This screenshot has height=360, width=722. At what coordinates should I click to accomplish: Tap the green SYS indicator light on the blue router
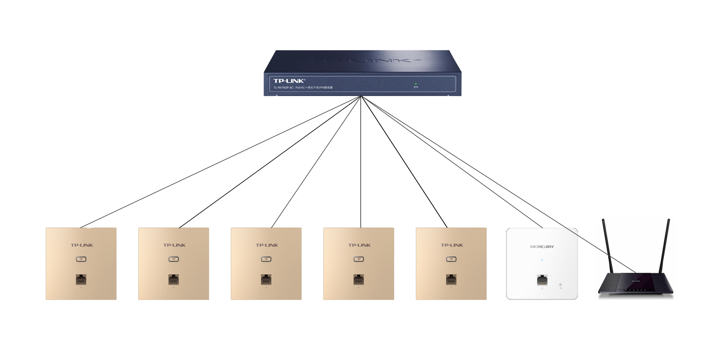(416, 83)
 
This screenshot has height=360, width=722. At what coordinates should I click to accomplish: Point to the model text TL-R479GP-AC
(283, 88)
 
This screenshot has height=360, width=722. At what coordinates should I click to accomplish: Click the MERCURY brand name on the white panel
(542, 247)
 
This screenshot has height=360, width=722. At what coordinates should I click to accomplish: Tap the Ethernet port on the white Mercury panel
(542, 280)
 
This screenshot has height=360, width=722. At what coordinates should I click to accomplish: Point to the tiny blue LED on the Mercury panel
(542, 260)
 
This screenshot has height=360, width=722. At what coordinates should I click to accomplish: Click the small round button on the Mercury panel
(560, 285)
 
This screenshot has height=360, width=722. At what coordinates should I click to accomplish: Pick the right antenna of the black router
(665, 247)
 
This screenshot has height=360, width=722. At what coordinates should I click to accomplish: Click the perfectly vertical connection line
(360, 163)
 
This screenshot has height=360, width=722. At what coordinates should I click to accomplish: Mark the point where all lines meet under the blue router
(360, 97)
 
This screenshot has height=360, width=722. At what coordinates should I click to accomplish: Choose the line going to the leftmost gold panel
(219, 163)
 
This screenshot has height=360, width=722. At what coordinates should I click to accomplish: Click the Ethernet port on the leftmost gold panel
(81, 280)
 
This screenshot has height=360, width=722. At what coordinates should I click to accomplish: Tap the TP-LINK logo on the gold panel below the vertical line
(359, 245)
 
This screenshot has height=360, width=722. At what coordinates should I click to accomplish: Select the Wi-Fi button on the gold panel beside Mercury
(451, 259)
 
